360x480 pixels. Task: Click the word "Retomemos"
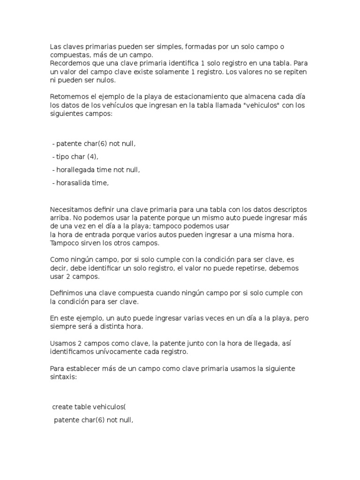(68, 96)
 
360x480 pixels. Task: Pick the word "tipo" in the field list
(62, 157)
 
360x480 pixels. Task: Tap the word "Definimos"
(66, 292)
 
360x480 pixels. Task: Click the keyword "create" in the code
(63, 407)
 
